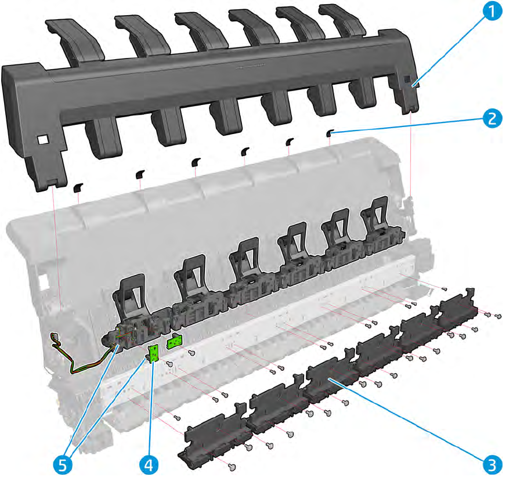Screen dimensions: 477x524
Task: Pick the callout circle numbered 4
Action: pyautogui.click(x=149, y=465)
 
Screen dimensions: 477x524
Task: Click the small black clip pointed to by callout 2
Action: pyautogui.click(x=330, y=133)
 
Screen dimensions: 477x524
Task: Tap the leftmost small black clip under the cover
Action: pyautogui.click(x=78, y=187)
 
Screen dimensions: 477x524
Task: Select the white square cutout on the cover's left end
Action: pyautogui.click(x=42, y=140)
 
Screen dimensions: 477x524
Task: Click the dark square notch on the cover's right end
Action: pyautogui.click(x=407, y=79)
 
